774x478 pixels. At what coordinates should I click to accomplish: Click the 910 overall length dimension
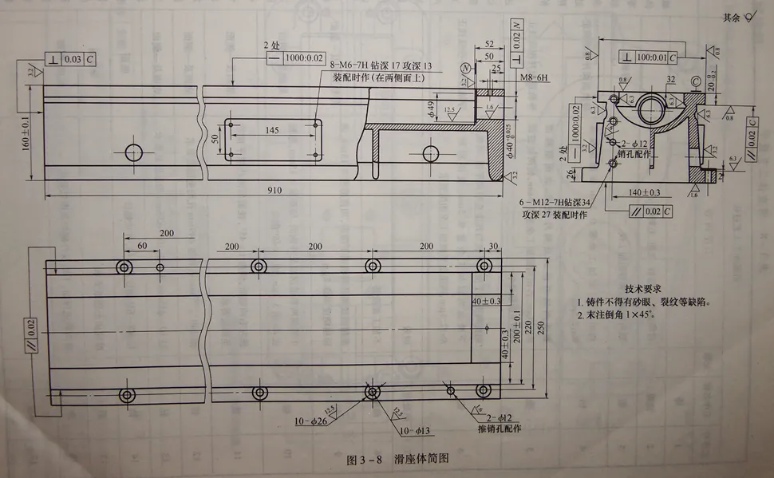tap(274, 190)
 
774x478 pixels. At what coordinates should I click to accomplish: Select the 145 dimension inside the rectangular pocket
tap(272, 129)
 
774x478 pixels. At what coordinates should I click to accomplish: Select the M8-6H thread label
tap(535, 79)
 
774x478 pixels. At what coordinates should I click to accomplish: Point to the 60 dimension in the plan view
tap(142, 246)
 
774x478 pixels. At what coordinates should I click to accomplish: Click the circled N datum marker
tap(464, 66)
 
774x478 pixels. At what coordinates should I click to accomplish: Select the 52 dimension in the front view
tap(489, 44)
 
